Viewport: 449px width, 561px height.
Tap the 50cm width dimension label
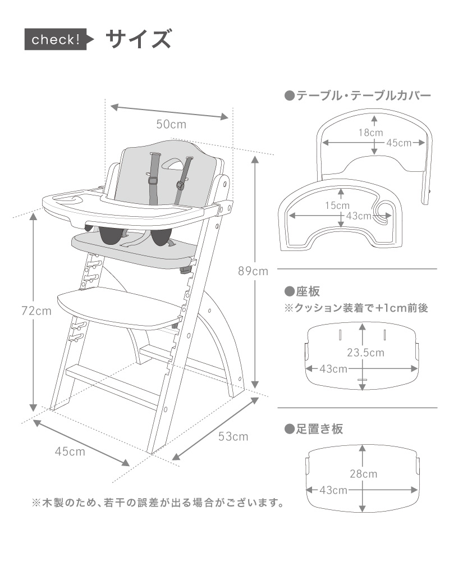point(171,124)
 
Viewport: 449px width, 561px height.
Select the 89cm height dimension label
point(253,271)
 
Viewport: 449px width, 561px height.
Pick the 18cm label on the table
point(371,133)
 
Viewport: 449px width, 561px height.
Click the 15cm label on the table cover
point(337,206)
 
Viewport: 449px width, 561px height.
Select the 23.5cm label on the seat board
point(365,352)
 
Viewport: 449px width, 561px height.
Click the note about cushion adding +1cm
point(357,308)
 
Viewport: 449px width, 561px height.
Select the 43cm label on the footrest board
point(332,490)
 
